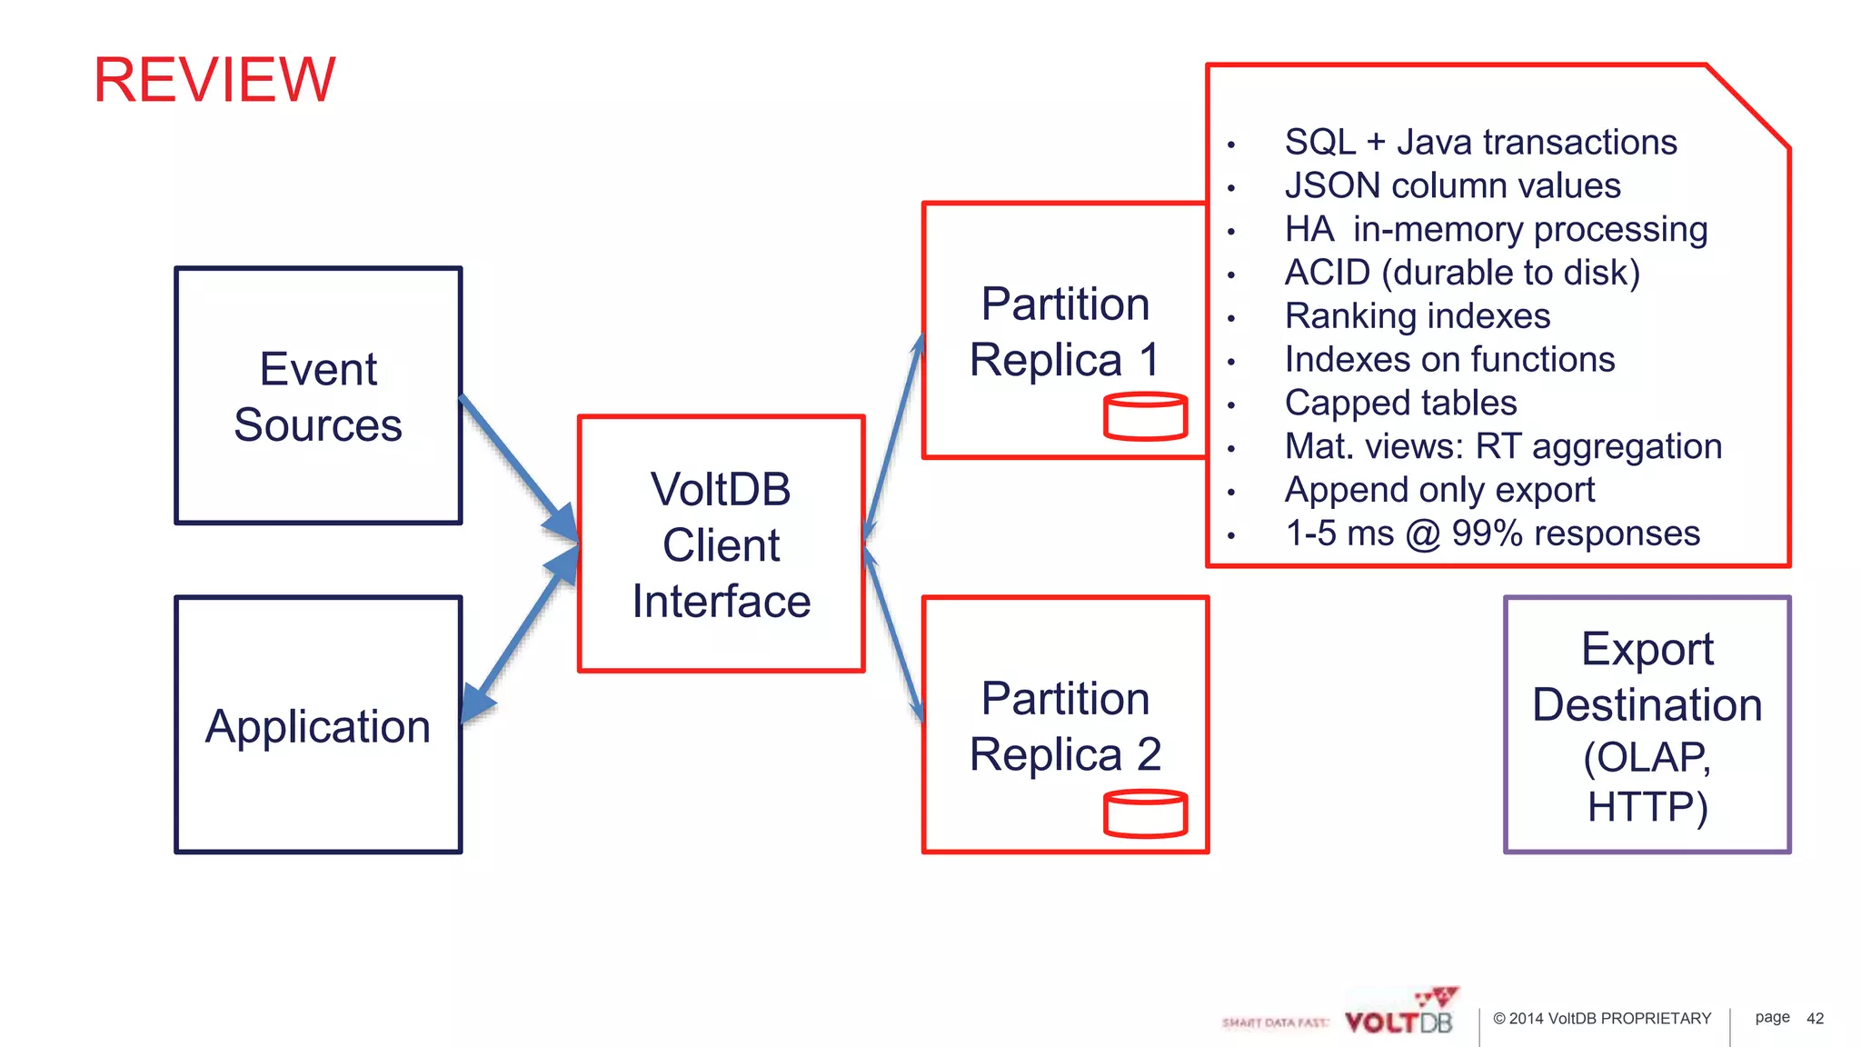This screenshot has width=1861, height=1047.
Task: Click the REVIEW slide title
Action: click(x=214, y=80)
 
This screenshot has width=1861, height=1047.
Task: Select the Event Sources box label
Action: click(x=318, y=397)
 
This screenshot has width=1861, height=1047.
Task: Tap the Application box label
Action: click(x=318, y=726)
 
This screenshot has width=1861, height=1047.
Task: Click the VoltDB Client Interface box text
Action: click(x=721, y=545)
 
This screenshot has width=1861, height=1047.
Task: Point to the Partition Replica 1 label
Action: click(x=1065, y=332)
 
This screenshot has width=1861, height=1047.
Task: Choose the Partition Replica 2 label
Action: click(x=1065, y=726)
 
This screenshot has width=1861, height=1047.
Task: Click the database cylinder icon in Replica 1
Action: click(x=1145, y=417)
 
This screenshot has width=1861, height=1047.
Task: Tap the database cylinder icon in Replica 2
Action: click(x=1145, y=813)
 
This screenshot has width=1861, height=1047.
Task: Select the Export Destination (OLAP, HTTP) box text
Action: click(x=1647, y=726)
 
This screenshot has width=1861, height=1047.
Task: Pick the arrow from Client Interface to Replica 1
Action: click(x=893, y=436)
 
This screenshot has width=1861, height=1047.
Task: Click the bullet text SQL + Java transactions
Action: click(x=1480, y=143)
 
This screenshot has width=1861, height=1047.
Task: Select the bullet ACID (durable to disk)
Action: click(x=1462, y=273)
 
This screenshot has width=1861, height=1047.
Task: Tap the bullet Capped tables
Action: click(x=1400, y=403)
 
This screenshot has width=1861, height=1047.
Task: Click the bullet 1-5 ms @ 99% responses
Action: click(x=1492, y=533)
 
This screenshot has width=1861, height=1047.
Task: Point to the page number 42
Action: click(x=1815, y=1019)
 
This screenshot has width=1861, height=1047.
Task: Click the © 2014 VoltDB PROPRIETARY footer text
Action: click(x=1602, y=1019)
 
